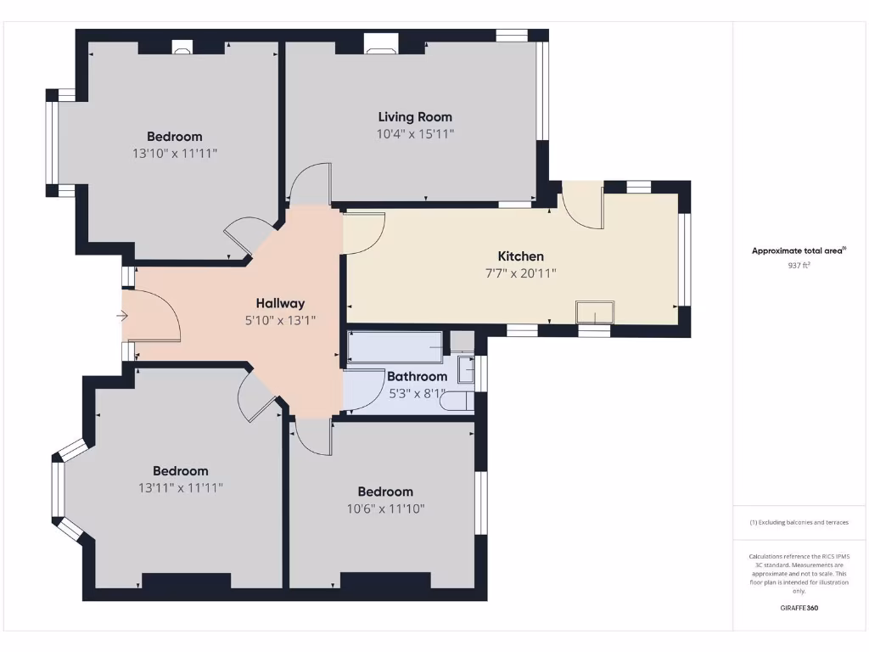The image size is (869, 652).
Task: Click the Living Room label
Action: coord(415,117)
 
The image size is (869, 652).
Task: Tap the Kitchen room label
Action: coord(520,256)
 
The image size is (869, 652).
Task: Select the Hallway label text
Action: coord(280,303)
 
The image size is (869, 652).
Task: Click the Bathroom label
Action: coord(417,376)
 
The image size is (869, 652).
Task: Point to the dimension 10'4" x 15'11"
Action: coord(416,134)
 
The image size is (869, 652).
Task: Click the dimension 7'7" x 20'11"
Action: coord(520,273)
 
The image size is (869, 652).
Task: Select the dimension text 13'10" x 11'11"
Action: coord(175,154)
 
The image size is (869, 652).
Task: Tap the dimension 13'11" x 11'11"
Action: coord(180,488)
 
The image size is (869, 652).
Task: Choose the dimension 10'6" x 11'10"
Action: coord(384,509)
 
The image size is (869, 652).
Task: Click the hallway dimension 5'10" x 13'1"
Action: coord(280,321)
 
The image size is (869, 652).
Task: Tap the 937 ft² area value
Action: coord(799,265)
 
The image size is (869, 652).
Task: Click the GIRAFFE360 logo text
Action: coord(799,608)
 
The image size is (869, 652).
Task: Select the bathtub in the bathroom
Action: coord(395,347)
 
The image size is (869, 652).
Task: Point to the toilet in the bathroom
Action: coord(457,401)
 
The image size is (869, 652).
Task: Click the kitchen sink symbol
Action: coord(594,312)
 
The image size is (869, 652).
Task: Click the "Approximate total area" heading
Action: coord(798,250)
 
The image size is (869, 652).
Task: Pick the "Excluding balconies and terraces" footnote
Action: coord(799,522)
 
